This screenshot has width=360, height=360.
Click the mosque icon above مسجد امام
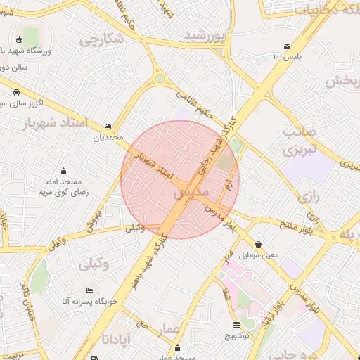tap(64, 171)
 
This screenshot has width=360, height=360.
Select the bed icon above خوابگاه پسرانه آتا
tap(89, 290)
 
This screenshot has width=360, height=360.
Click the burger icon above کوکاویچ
tap(236, 324)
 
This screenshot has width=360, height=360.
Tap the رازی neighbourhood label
tap(309, 198)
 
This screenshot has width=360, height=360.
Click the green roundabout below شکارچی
tap(160, 78)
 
